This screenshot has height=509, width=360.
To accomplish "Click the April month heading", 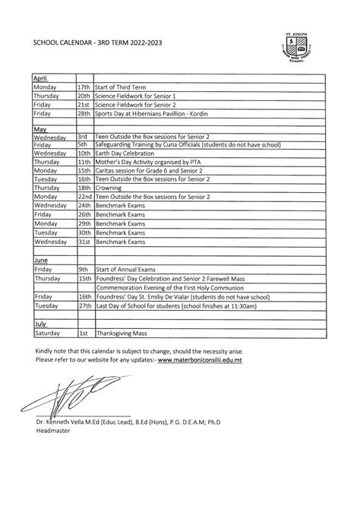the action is tap(40, 78).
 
